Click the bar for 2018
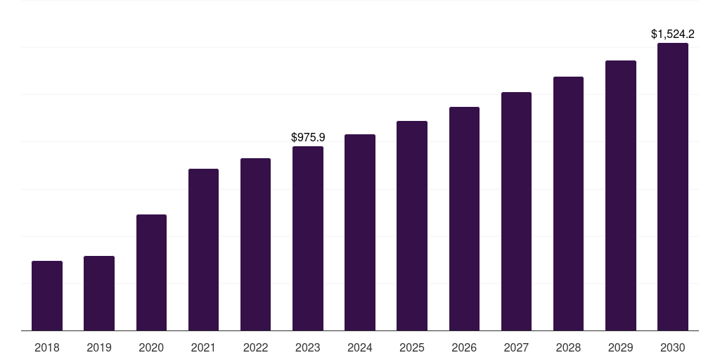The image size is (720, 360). click(x=47, y=295)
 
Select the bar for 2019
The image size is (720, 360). click(x=99, y=293)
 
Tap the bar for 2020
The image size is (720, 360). click(x=151, y=272)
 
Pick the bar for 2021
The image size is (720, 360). click(x=203, y=250)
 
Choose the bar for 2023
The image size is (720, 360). click(x=308, y=238)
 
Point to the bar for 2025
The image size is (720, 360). click(x=412, y=226)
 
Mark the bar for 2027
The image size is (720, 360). click(x=516, y=211)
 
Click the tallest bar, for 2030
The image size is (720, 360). click(x=673, y=186)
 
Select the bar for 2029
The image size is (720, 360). click(x=621, y=195)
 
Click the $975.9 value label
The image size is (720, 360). click(x=308, y=137)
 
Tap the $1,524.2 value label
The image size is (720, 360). click(x=673, y=34)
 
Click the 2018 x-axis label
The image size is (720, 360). click(x=47, y=347)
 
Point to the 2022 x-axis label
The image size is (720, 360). click(x=255, y=347)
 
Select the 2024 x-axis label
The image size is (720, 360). click(x=360, y=347)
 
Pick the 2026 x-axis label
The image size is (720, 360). click(x=464, y=347)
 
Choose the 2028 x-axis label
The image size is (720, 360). click(x=568, y=347)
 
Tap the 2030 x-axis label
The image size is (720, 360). click(x=673, y=347)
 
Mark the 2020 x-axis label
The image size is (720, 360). click(x=151, y=347)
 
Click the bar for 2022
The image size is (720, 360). click(x=255, y=244)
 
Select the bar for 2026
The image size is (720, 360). click(x=464, y=219)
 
